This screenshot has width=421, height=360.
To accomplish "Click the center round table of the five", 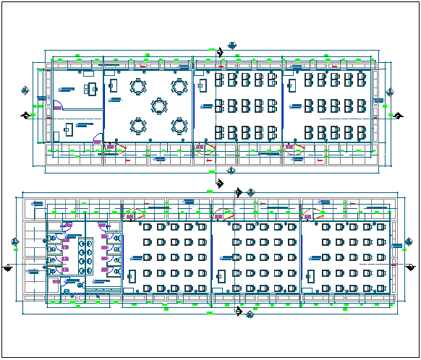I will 158,106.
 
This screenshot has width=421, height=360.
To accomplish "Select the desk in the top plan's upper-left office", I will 93,89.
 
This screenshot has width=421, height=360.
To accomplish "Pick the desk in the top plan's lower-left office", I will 70,130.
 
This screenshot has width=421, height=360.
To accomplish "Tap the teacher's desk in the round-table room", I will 113,85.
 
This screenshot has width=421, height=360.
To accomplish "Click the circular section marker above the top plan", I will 231,46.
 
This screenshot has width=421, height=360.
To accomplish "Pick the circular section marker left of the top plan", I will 25,90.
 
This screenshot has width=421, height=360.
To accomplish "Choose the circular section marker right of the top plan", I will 390,91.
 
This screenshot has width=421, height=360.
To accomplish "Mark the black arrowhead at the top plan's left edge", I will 26,115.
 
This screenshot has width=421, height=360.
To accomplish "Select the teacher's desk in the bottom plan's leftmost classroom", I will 131,277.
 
